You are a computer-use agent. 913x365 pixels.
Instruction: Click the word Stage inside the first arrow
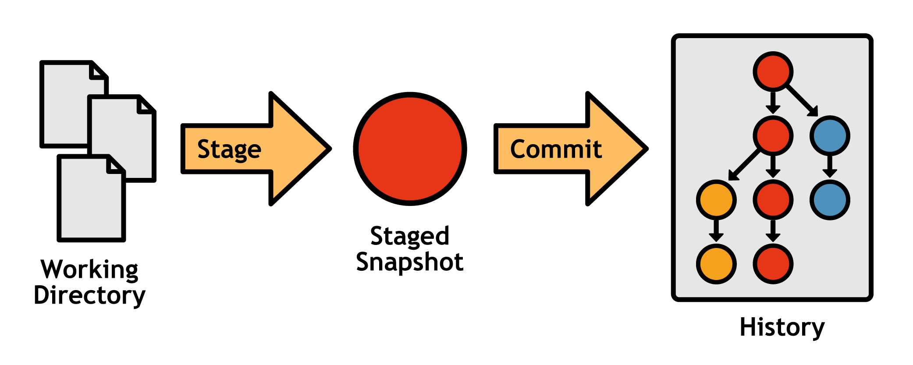point(229,149)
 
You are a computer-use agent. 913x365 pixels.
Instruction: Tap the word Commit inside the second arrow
point(556,149)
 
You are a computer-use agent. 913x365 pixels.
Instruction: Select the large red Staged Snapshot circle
point(410,149)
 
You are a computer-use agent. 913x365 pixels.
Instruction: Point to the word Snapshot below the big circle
point(410,262)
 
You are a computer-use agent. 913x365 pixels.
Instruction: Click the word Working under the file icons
point(90,269)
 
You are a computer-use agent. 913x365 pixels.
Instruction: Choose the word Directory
point(90,295)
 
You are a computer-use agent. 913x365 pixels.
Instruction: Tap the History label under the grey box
point(782,327)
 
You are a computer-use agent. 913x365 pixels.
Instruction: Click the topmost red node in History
point(773,71)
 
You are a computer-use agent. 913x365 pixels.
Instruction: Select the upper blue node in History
point(830,135)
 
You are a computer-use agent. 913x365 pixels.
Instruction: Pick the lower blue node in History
point(830,200)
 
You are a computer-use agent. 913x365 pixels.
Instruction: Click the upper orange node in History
point(716,200)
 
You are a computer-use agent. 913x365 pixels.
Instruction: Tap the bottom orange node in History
point(716,264)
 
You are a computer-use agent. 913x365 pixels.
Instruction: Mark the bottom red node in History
point(773,264)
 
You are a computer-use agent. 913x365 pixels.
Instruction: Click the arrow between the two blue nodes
point(830,167)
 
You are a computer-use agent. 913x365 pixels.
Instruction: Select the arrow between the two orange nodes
point(716,231)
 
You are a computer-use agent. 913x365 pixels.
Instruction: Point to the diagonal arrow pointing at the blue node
point(802,101)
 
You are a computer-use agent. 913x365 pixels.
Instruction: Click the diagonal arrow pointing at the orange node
point(744,165)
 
